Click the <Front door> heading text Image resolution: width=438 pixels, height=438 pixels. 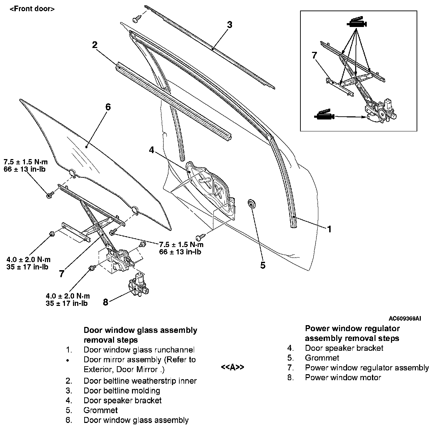[x=32, y=9]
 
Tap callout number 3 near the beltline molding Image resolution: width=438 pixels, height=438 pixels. [x=229, y=25]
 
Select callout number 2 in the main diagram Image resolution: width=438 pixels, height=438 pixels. [x=94, y=45]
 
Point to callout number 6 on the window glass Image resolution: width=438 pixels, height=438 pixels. [x=108, y=107]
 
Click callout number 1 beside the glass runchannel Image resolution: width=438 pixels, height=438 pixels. [x=329, y=229]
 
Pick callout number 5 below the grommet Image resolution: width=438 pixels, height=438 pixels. [x=263, y=265]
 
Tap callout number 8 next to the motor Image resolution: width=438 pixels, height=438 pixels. [x=106, y=302]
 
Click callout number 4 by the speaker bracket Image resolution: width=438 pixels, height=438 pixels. [x=151, y=150]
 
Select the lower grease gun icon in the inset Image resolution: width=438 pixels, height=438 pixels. [x=324, y=116]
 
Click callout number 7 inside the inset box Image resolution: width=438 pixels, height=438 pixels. [x=314, y=55]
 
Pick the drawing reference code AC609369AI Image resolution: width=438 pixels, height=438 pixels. [x=405, y=319]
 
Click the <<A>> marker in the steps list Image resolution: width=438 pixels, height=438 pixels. [x=232, y=367]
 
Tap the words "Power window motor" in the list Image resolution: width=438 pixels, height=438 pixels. [x=343, y=377]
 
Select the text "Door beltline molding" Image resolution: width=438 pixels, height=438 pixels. [x=122, y=390]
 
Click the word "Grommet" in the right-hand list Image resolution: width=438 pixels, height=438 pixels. [x=322, y=358]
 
